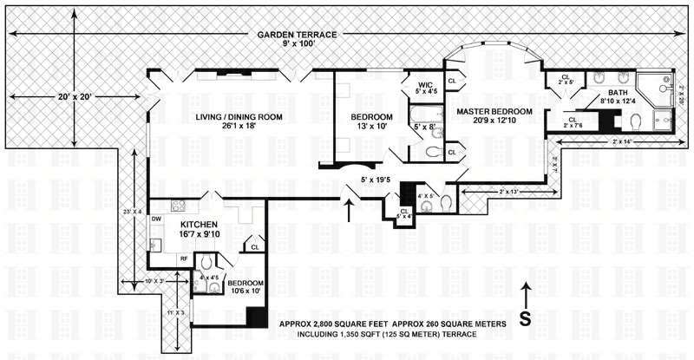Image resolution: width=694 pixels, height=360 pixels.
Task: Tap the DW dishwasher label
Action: (156, 219)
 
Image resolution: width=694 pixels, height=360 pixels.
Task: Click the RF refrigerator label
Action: (184, 259)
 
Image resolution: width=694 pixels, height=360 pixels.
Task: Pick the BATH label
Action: (617, 93)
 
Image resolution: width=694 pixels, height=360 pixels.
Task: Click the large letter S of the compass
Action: (525, 317)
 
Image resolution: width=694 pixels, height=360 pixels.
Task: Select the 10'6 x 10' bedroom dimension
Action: (239, 291)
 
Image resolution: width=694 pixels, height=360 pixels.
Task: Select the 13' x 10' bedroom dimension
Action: (371, 128)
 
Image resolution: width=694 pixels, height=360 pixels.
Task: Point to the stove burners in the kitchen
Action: (179, 206)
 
